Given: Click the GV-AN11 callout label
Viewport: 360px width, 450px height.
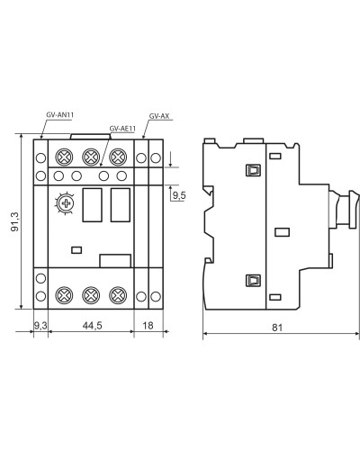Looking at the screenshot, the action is [x=60, y=115].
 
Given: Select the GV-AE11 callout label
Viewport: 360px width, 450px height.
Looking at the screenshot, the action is [x=122, y=129].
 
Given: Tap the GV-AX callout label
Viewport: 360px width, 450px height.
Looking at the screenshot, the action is [x=159, y=116].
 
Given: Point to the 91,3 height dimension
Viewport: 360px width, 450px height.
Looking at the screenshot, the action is [x=15, y=221].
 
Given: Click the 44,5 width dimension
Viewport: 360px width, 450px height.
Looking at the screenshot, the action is [x=92, y=325].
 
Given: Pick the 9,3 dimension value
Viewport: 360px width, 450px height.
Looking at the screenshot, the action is [x=40, y=325].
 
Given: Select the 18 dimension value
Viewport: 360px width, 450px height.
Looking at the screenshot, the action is [x=148, y=325].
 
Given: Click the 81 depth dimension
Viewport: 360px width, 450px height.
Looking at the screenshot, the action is [x=277, y=328].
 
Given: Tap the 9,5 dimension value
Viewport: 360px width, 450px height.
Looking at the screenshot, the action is [x=179, y=195].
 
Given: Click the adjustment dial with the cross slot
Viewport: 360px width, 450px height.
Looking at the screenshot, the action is [x=65, y=203].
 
